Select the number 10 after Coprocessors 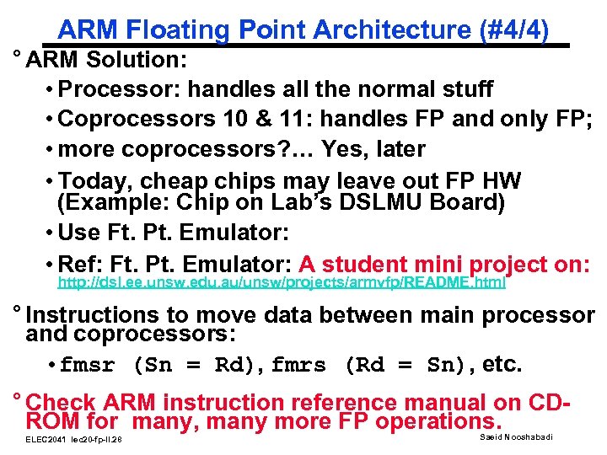[x=233, y=119]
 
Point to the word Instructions [x=100, y=315]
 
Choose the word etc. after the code [x=503, y=365]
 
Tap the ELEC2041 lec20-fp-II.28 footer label [x=74, y=440]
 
